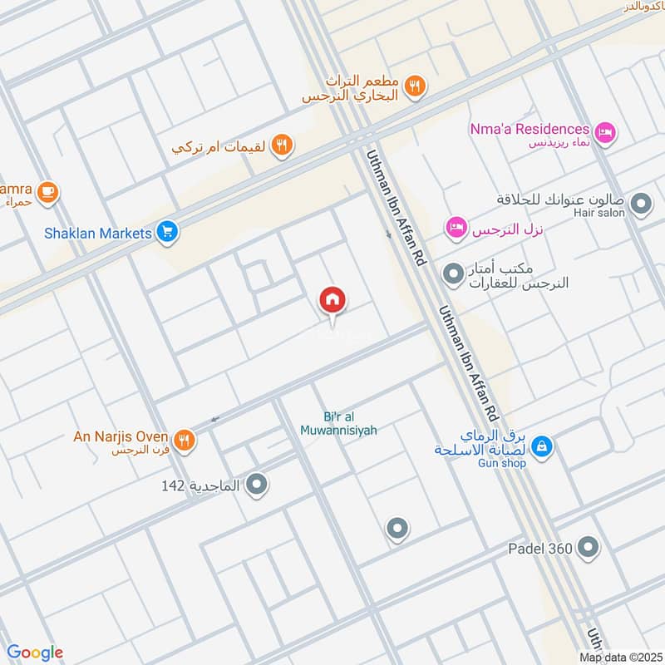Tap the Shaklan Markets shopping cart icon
(168, 233)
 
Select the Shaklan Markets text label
(98, 233)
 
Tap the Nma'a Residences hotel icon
(606, 130)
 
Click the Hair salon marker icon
(641, 202)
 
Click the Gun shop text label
(502, 463)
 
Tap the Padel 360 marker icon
(589, 547)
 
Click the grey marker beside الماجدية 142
(258, 484)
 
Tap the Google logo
(35, 653)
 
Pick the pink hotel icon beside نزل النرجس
(456, 227)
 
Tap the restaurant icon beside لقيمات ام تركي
(283, 145)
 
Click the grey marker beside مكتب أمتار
(453, 272)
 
